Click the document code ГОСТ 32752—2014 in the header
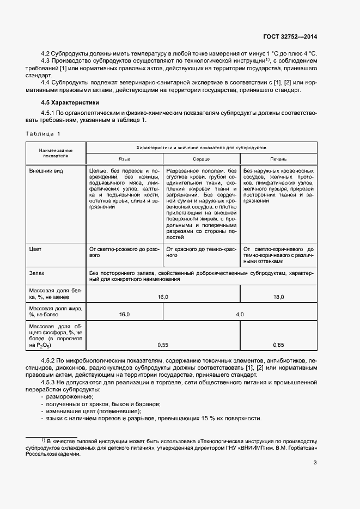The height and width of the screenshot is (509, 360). point(289,37)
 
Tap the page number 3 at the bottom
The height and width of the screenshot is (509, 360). point(315,463)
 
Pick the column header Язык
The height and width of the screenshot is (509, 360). point(125,158)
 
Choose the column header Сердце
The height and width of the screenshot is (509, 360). point(201,158)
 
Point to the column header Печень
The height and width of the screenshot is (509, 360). point(278,158)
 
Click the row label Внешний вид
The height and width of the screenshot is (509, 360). point(45,171)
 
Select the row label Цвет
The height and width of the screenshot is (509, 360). point(35,249)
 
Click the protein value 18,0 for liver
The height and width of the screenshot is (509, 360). point(278,297)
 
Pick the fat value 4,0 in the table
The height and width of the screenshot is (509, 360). point(240,314)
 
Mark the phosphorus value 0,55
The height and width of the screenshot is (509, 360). point(163,345)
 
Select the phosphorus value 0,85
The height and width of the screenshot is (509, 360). point(278,345)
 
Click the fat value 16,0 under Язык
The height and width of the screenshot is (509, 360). point(125,314)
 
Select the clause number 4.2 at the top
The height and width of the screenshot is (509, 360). point(46,54)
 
